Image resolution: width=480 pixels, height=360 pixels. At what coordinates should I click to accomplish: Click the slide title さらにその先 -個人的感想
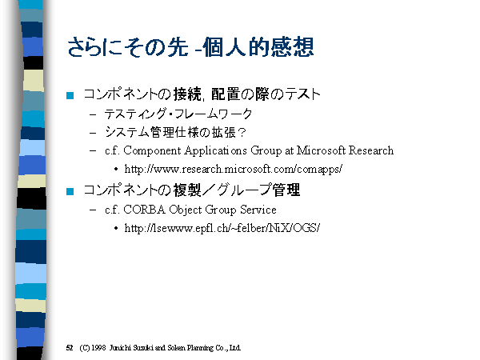pos(190,47)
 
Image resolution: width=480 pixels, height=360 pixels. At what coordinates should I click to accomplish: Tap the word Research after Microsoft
pos(371,150)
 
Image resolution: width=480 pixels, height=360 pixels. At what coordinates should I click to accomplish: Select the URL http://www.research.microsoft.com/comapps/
pos(234,169)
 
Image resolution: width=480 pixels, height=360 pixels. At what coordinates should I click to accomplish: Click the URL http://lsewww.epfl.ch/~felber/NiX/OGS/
pos(222,228)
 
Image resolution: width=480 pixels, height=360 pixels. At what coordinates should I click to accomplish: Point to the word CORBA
pos(145,210)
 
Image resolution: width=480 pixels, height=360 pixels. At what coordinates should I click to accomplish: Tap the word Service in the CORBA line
pos(258,210)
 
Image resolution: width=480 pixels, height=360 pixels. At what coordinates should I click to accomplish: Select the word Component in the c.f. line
pos(152,151)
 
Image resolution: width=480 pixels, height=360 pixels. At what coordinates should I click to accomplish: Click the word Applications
pos(215,151)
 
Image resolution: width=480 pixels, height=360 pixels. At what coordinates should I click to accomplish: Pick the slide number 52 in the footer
pos(70,348)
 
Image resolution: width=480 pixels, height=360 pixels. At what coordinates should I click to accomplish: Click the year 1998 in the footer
pos(98,348)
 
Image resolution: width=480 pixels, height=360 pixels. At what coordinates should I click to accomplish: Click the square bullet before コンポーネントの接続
pos(70,95)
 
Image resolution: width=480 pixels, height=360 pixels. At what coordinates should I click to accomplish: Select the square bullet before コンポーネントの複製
pos(70,191)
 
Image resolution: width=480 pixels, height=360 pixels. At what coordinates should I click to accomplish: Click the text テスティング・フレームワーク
pos(178,114)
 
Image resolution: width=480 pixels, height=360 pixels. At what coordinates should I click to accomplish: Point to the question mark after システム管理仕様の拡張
pos(242,133)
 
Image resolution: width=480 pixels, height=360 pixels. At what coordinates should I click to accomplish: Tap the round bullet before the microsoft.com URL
pos(116,169)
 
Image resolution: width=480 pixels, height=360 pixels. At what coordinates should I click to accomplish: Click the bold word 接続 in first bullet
pos(187,94)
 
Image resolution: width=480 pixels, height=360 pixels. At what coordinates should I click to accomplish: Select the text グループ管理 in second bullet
pos(258,190)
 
